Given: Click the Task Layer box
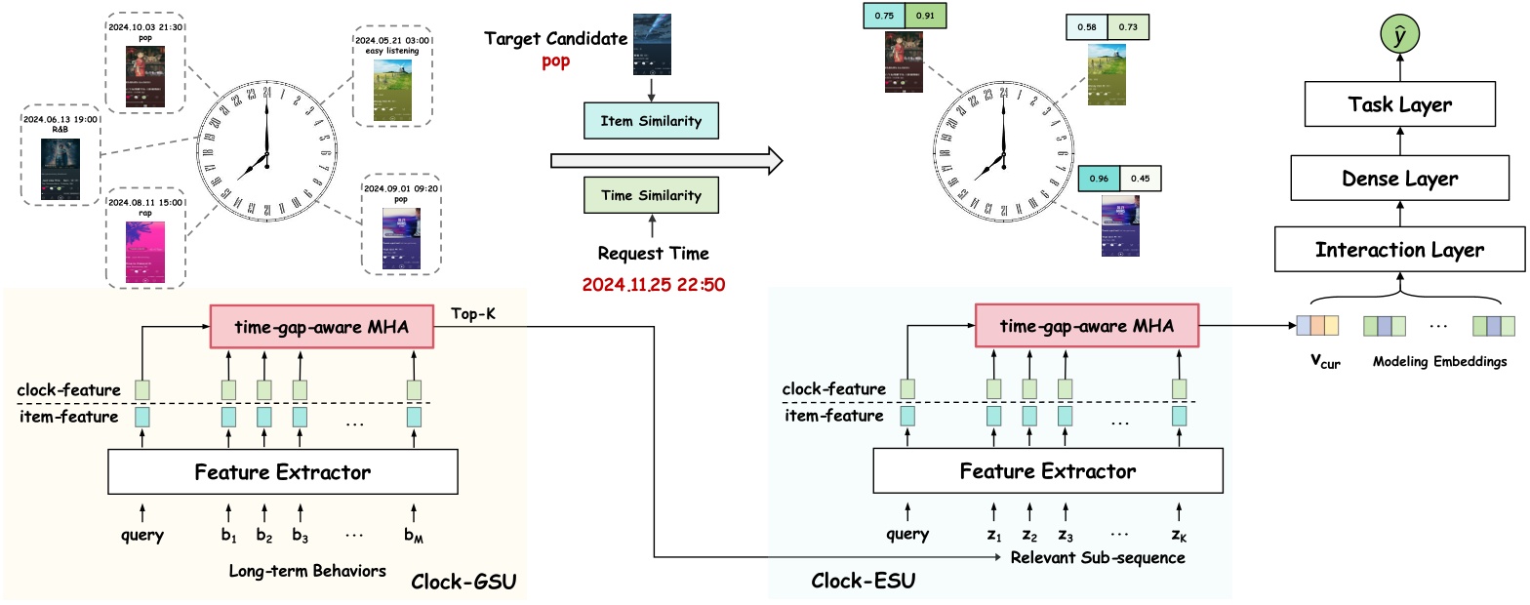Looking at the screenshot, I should [1399, 105].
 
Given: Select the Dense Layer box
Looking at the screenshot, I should [1399, 179].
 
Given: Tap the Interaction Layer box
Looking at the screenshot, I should [1399, 251].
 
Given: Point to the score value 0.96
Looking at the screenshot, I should [1098, 180].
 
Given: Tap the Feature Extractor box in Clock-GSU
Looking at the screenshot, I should [283, 472].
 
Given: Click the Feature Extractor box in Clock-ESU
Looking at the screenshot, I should [1047, 472].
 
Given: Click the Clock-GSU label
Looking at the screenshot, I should [463, 583].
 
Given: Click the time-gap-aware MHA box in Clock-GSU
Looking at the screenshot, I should [324, 326].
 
